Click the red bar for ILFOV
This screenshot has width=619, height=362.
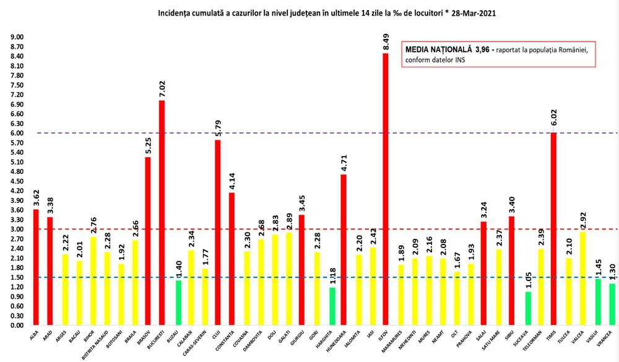pyautogui.click(x=385, y=189)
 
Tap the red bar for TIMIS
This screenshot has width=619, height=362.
pyautogui.click(x=554, y=229)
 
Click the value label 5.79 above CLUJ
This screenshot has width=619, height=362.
pyautogui.click(x=217, y=127)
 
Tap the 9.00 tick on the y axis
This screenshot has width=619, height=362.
pyautogui.click(x=17, y=37)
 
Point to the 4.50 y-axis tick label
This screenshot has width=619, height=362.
pyautogui.click(x=17, y=181)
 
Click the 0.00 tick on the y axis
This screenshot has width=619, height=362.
pyautogui.click(x=17, y=325)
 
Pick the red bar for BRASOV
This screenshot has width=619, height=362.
pyautogui.click(x=148, y=241)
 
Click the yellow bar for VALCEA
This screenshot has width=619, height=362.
pyautogui.click(x=582, y=278)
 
